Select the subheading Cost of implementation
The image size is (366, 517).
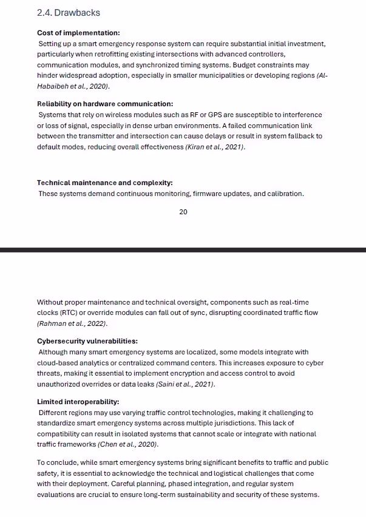(78, 33)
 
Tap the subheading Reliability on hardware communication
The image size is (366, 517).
(105, 104)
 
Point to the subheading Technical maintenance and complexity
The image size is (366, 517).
(104, 183)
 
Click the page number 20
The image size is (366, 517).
(183, 212)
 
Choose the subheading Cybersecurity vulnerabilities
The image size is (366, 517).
(87, 341)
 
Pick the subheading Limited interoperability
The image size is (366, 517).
(78, 402)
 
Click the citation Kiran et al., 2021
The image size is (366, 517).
(215, 147)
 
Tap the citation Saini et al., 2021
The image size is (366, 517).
(185, 384)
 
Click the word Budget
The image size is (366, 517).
(247, 65)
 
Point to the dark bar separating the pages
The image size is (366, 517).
(183, 249)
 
